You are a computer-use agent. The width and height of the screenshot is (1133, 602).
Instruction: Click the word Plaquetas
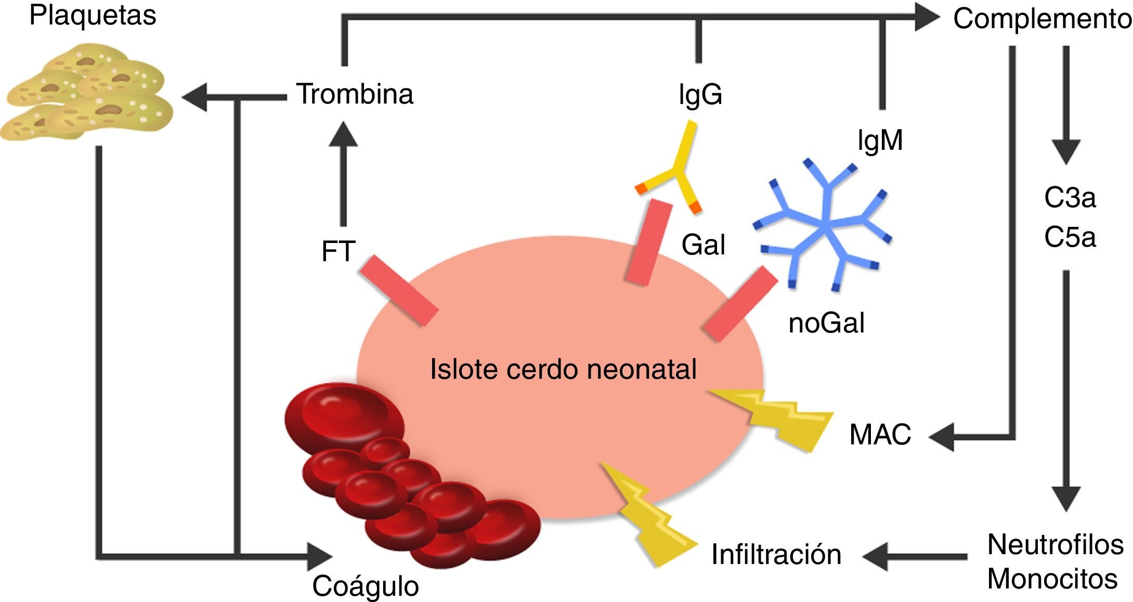pos(93,16)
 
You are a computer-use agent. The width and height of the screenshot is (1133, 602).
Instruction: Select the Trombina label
pos(355,94)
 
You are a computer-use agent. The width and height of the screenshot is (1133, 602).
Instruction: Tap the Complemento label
pos(1041,20)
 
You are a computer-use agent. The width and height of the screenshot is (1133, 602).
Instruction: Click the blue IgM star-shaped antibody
pos(824,226)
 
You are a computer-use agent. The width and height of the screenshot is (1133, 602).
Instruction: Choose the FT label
pos(338,251)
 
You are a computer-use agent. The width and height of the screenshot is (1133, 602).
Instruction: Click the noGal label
pos(826,323)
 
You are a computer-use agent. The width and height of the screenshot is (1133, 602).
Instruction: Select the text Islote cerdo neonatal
pos(563,369)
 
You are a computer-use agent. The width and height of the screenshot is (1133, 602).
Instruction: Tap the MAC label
pos(880,434)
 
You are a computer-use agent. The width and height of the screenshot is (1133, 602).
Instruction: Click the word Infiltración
pos(776,555)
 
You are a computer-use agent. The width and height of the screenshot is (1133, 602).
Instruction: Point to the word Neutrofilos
pos(1055,545)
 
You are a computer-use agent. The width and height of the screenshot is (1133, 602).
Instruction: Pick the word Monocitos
pos(1052,579)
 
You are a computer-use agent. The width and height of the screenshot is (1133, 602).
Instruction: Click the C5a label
pos(1070,237)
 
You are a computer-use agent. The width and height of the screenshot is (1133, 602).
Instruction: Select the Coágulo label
pos(365,586)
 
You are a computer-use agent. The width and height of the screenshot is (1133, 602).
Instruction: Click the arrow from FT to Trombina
pos(343,177)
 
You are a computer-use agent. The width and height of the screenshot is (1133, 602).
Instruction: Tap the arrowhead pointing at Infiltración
pos(876,556)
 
